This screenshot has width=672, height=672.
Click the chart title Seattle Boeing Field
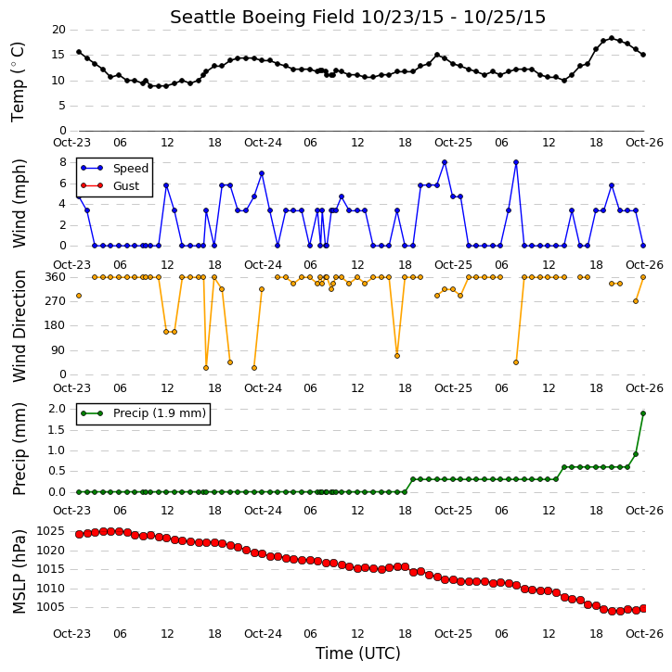[263, 17]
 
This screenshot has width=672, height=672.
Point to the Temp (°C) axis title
[18, 82]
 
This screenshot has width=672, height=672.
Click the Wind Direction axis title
[19, 326]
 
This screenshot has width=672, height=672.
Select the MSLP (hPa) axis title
[19, 571]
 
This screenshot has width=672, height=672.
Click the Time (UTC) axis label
[358, 653]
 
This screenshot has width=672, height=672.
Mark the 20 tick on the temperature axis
[58, 30]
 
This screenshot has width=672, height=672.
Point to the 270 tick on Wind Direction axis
[56, 301]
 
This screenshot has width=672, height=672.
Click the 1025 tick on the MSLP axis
[51, 531]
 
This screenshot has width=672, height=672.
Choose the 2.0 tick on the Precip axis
[57, 409]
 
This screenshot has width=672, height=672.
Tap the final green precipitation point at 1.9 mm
[643, 413]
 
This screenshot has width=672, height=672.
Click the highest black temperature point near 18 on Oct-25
[612, 38]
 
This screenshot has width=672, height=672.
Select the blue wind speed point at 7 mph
[262, 173]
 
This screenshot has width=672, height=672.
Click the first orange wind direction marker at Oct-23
[79, 296]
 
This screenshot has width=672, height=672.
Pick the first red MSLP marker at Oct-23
[79, 534]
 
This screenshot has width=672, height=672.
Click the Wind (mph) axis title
[19, 204]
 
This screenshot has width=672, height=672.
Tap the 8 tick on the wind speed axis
[62, 162]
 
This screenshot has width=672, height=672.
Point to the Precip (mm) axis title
[19, 450]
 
